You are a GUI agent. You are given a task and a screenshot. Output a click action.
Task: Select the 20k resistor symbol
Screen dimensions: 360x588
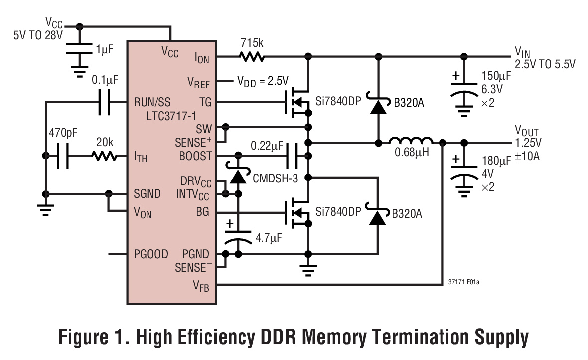pos(105,157)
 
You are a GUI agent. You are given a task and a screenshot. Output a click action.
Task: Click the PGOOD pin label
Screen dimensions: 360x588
pos(151,254)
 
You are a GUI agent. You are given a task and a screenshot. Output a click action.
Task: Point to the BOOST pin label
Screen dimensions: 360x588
pos(195,156)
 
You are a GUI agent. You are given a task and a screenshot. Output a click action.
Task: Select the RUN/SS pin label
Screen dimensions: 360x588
pos(152,102)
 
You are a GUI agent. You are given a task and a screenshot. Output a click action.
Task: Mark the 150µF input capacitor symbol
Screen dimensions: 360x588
pos(464,90)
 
